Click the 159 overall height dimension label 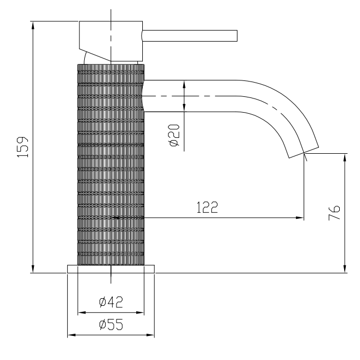click(23, 147)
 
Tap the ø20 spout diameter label click(174, 135)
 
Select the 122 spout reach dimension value click(207, 207)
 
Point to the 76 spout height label click(334, 212)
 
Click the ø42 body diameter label click(111, 302)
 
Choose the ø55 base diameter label click(111, 324)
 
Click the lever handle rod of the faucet click(190, 36)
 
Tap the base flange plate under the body click(111, 269)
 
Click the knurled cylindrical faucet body click(111, 165)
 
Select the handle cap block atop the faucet click(111, 42)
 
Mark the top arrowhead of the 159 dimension click(33, 25)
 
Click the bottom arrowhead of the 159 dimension click(33, 269)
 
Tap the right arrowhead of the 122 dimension click(300, 218)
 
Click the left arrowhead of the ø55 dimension click(72, 335)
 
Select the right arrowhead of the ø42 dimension click(140, 313)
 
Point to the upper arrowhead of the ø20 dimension click(184, 84)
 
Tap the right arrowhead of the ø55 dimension click(150, 335)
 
